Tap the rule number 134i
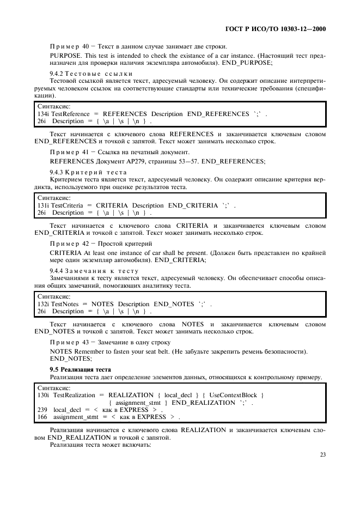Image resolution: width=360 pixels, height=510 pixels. pyautogui.click(x=42, y=113)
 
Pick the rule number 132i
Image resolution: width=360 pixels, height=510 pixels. pyautogui.click(x=42, y=303)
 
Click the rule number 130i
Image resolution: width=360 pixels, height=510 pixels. pyautogui.click(x=42, y=394)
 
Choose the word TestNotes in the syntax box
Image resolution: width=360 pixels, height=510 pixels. pyautogui.click(x=66, y=303)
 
